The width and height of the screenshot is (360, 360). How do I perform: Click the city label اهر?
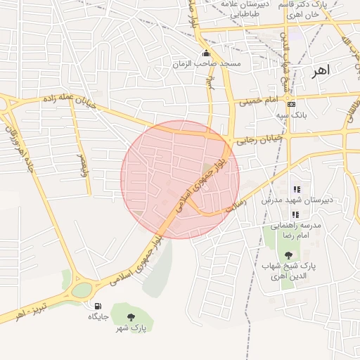(x=323, y=70)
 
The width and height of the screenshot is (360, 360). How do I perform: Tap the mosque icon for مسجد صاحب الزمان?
(x=206, y=53)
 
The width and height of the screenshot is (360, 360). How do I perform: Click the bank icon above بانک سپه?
(x=291, y=104)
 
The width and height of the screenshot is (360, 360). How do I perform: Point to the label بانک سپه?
(x=291, y=115)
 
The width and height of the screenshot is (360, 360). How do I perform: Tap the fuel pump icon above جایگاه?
(x=97, y=306)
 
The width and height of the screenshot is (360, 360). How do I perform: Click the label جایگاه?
(x=97, y=317)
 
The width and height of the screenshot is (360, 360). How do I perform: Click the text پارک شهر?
(x=131, y=328)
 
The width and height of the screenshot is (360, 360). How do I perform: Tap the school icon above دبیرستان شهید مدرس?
(x=297, y=189)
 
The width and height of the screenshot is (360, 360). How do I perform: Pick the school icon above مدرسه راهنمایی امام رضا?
(x=296, y=214)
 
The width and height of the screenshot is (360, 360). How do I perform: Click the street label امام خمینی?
(x=260, y=103)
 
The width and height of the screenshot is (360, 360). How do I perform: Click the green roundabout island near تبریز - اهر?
(x=82, y=289)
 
